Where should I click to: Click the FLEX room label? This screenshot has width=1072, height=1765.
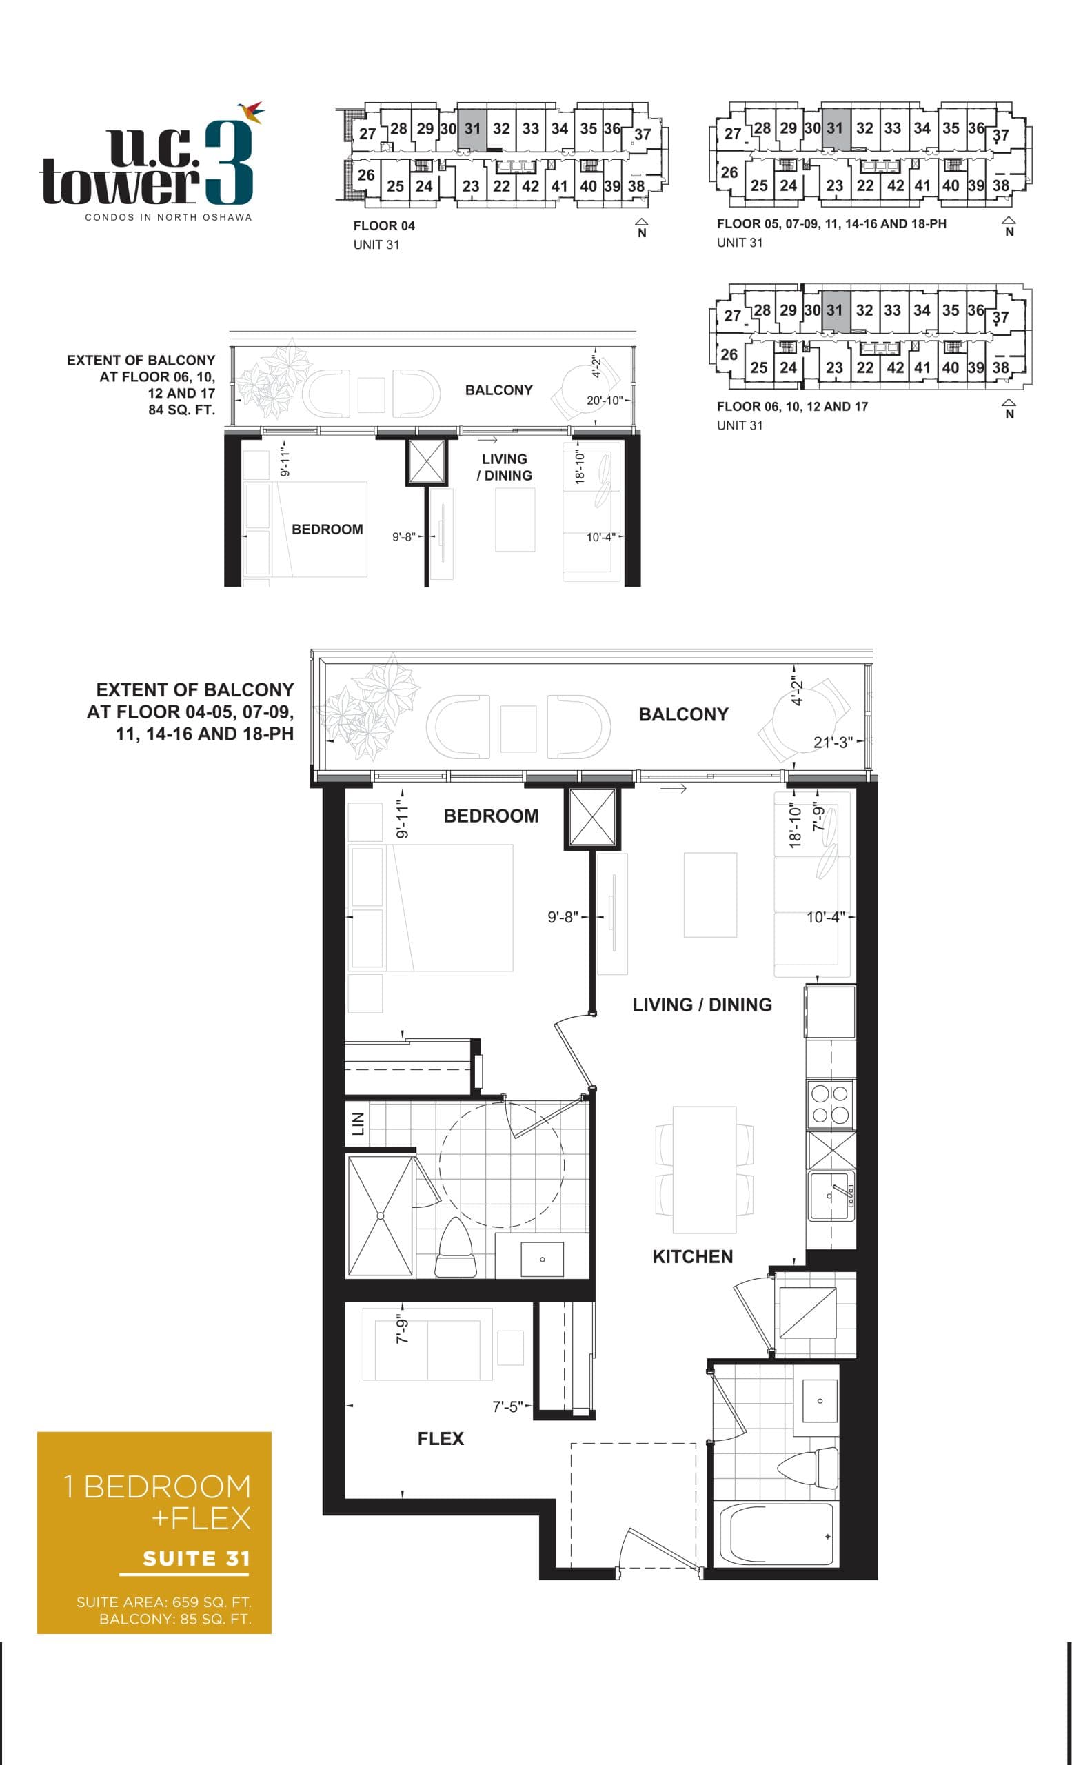[x=441, y=1438]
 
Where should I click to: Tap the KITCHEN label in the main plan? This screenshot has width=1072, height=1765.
[x=691, y=1256]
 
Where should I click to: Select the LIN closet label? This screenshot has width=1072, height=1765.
[x=358, y=1124]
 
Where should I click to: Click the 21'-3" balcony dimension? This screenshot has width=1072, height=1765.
[x=833, y=742]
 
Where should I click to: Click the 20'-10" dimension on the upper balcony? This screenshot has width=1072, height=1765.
[x=605, y=401]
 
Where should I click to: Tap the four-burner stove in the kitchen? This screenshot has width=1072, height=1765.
[x=829, y=1105]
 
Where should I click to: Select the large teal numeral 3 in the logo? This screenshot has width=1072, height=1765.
[x=228, y=163]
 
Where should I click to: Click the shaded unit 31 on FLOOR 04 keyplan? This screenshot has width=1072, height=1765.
[x=472, y=129]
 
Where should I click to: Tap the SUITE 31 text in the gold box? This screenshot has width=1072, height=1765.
[x=196, y=1558]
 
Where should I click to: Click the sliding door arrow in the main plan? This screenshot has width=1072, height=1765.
[x=673, y=789]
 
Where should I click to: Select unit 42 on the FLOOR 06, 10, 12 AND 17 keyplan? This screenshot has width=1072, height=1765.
[x=894, y=367]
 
